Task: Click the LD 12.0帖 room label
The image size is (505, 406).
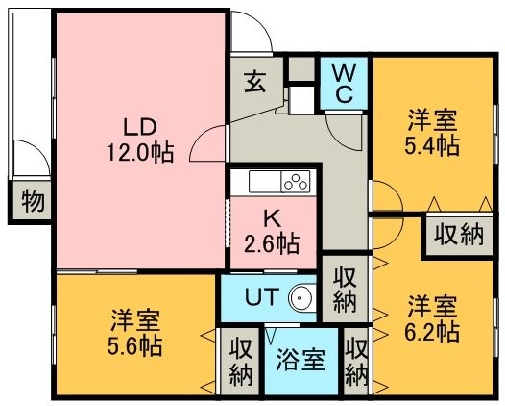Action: coord(140,140)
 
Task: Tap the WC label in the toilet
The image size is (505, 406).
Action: coord(345,84)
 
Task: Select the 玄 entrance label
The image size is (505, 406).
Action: coord(255,82)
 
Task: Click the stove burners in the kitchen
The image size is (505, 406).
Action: coord(296,182)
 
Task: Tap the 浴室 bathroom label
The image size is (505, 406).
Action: coord(301,360)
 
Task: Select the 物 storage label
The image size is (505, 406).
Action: coord(34,201)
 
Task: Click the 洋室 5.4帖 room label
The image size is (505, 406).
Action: coord(432,133)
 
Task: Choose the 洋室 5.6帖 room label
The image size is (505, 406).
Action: coord(134,333)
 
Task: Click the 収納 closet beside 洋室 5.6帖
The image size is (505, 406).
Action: coord(241,361)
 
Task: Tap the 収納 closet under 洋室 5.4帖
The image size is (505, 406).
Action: coord(458,235)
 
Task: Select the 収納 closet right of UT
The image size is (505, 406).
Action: coord(345,290)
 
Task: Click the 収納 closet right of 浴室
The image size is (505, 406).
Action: coord(356,361)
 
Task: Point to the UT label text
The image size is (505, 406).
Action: coord(261,296)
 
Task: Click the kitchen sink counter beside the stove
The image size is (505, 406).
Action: coord(265,182)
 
